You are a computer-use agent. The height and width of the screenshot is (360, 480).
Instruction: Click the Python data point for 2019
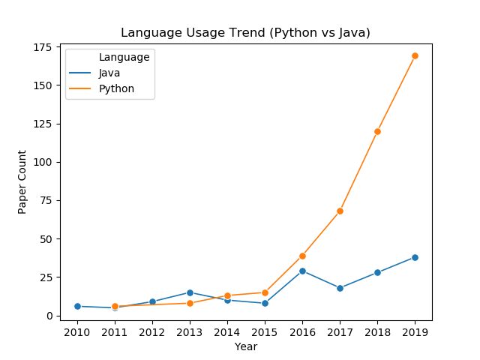click(x=415, y=55)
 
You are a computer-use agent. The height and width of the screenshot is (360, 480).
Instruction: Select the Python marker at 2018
click(x=377, y=132)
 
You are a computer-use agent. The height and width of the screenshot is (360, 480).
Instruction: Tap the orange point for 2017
click(x=340, y=211)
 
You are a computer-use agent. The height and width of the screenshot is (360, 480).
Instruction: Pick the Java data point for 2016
click(x=302, y=271)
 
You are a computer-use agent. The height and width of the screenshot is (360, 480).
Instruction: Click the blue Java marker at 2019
click(x=415, y=257)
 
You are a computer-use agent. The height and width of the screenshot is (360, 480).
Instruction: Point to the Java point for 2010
click(x=77, y=306)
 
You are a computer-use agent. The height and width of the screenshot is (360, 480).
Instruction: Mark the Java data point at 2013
click(x=190, y=292)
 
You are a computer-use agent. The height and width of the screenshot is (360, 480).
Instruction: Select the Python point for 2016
click(x=302, y=256)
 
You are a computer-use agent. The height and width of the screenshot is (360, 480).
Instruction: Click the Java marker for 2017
click(x=340, y=288)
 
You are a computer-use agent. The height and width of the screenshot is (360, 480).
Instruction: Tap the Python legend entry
click(x=102, y=88)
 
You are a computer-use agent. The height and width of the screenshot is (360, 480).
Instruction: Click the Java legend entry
click(x=94, y=73)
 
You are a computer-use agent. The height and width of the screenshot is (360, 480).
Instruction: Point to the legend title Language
click(x=124, y=57)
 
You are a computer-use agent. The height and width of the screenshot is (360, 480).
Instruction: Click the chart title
click(x=245, y=32)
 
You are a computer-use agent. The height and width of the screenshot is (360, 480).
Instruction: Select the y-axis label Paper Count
click(x=22, y=181)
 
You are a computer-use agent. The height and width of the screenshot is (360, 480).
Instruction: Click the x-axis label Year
click(x=246, y=346)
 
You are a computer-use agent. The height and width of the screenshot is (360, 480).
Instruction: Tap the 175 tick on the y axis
click(x=43, y=47)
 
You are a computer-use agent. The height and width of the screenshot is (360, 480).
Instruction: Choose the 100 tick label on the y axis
click(x=43, y=162)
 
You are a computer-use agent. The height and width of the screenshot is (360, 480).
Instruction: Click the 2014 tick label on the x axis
click(x=227, y=332)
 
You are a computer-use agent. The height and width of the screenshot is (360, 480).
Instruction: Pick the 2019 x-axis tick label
click(x=415, y=332)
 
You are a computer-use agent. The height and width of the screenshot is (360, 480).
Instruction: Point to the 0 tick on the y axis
click(x=49, y=316)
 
